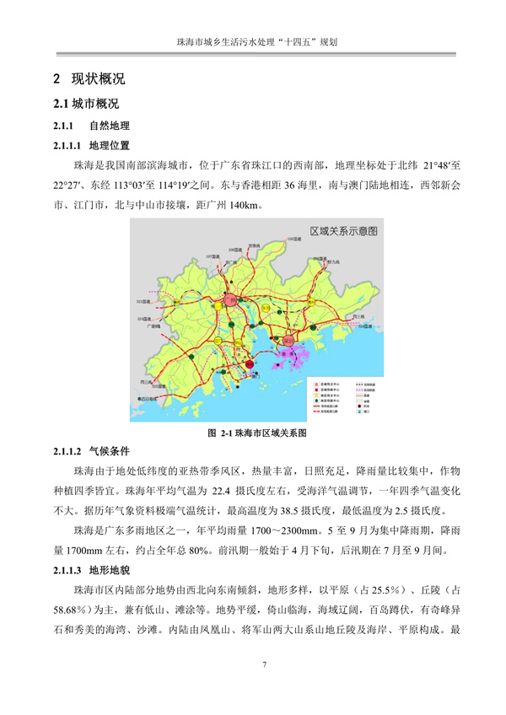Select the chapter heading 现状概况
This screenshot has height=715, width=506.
coord(99,80)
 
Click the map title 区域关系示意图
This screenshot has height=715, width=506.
coord(344,230)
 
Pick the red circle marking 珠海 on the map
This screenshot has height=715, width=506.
coord(250,365)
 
